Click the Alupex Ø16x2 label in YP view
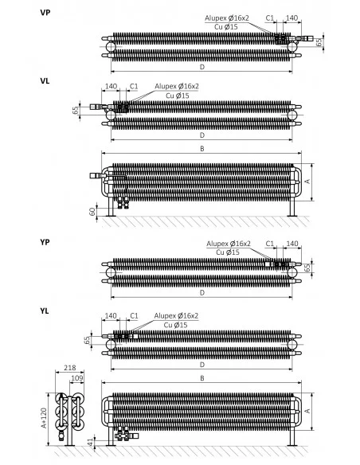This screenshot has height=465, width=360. click(x=229, y=244)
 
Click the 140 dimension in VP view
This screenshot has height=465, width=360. click(x=292, y=18)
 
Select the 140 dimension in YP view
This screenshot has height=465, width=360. click(x=292, y=243)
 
